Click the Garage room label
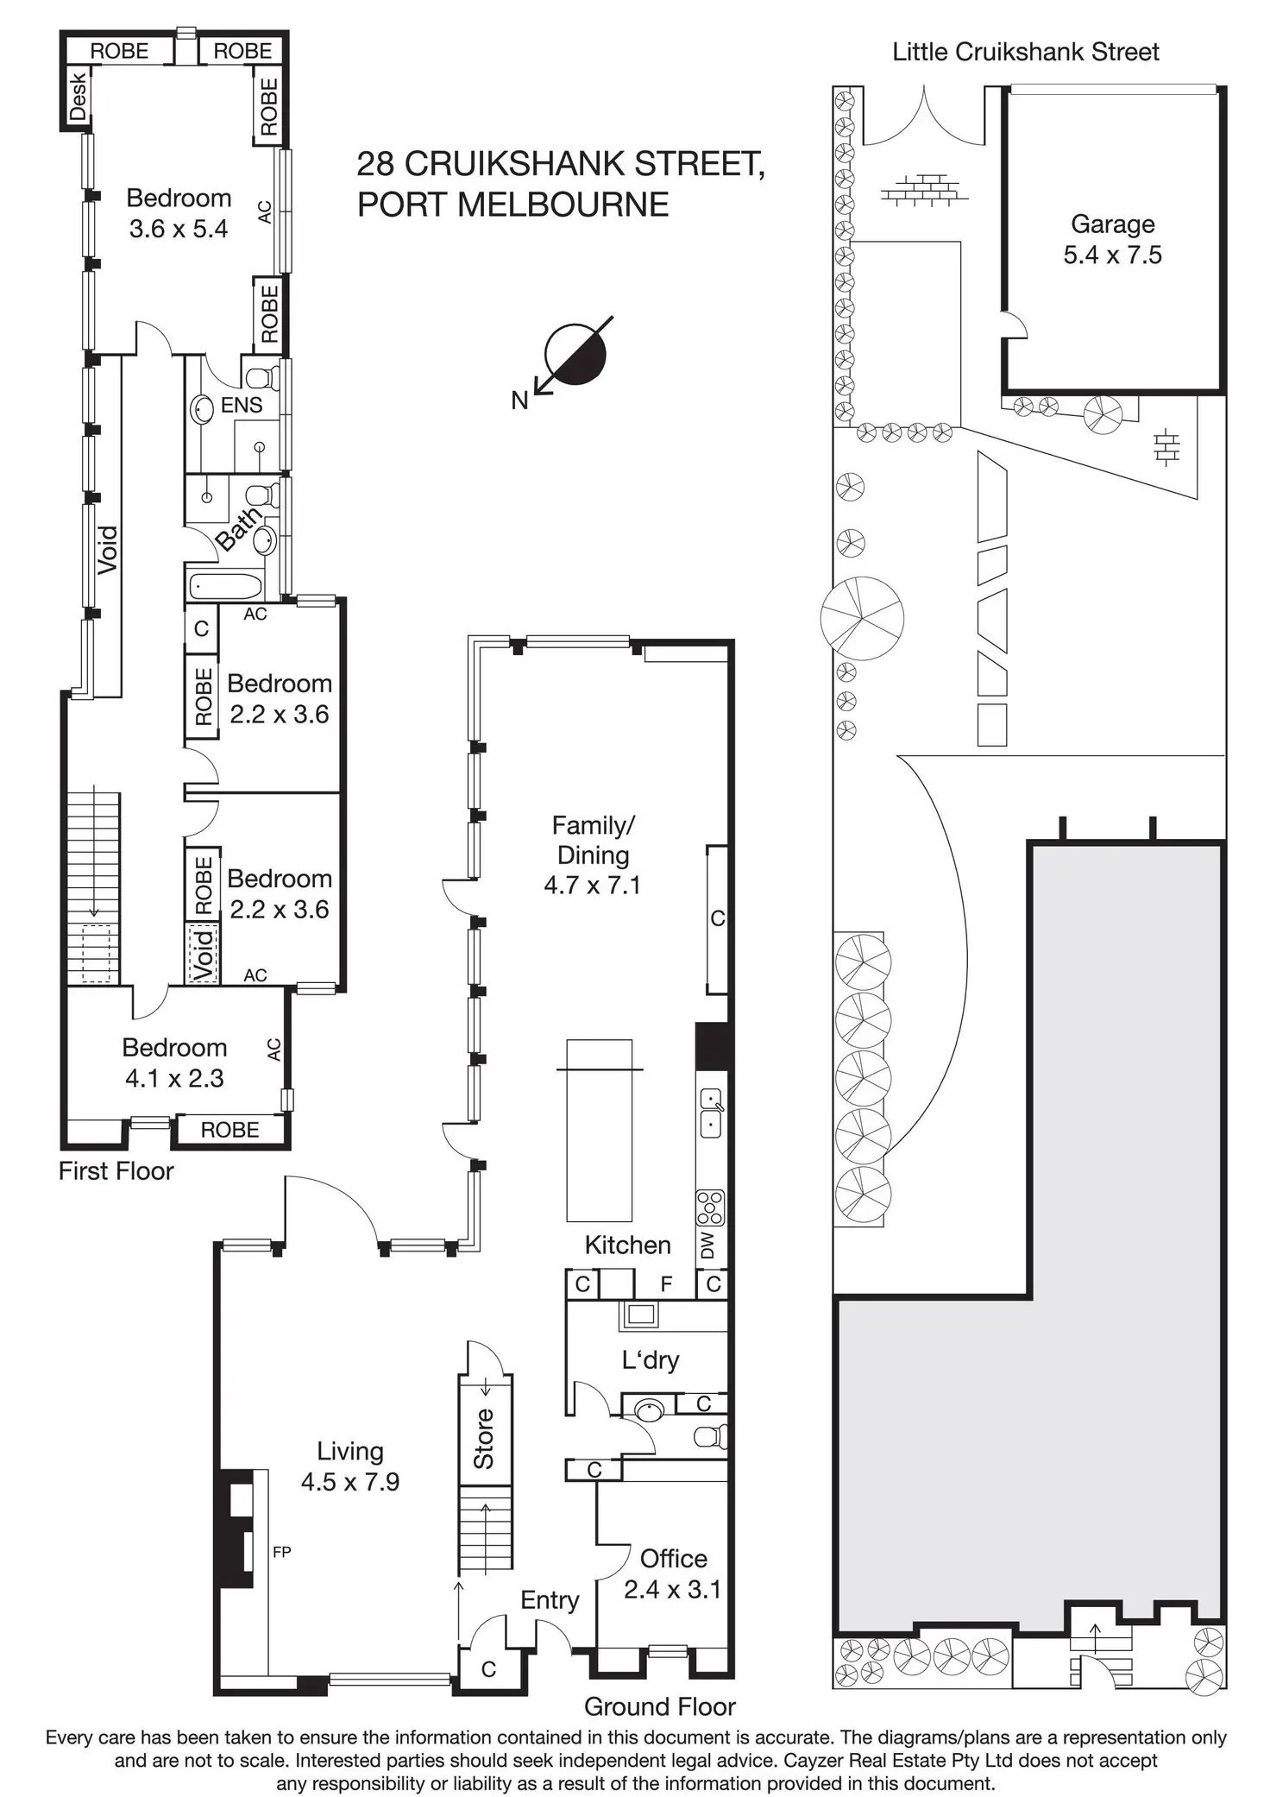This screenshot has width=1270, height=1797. click(x=1112, y=239)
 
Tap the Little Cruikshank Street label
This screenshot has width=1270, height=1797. click(x=1025, y=52)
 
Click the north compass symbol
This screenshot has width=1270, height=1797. click(x=575, y=355)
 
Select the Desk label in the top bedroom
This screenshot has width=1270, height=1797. click(x=79, y=96)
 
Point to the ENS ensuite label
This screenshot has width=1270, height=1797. click(x=241, y=405)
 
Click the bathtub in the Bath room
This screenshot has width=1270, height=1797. click(x=224, y=587)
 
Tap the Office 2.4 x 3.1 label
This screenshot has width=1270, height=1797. click(x=672, y=1573)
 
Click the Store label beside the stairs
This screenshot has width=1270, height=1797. click(x=484, y=1438)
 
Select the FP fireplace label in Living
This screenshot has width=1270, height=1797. click(x=281, y=1552)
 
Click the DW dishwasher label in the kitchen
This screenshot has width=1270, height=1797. click(x=708, y=1245)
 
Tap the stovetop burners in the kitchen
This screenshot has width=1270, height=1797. click(x=710, y=1207)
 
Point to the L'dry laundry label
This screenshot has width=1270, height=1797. click(x=651, y=1360)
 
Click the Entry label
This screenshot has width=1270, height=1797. click(x=550, y=1600)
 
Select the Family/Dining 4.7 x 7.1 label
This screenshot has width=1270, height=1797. click(x=593, y=854)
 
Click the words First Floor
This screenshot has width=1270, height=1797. click(x=116, y=1171)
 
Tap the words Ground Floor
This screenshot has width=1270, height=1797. click(x=659, y=1706)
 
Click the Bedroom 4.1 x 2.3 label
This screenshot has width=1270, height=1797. click(x=174, y=1062)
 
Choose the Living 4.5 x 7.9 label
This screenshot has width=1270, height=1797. click(x=349, y=1466)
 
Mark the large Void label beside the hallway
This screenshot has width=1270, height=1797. click(x=107, y=550)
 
